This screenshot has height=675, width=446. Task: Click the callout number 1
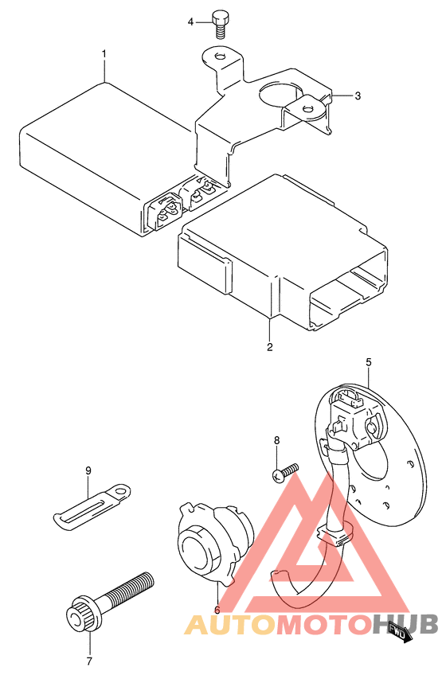pos(104,54)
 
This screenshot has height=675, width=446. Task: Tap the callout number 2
pos(270,346)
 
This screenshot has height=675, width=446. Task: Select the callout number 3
pos(358,96)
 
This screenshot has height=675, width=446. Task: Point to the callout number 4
pos(191,22)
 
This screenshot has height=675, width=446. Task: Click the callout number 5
pos(369,362)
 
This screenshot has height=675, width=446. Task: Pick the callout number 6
pos(217,610)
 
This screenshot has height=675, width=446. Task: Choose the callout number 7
pos(90,661)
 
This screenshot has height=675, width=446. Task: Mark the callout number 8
pos(276,440)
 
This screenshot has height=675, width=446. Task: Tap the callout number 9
pos(88,470)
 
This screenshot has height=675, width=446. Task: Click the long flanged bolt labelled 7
pos(109,601)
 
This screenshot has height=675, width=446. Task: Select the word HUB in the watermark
pos(405,624)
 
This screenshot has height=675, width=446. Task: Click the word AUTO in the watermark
pos(229,625)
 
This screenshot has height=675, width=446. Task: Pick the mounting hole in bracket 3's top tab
pos(220,57)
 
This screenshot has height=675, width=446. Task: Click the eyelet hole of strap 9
pos(123,490)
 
